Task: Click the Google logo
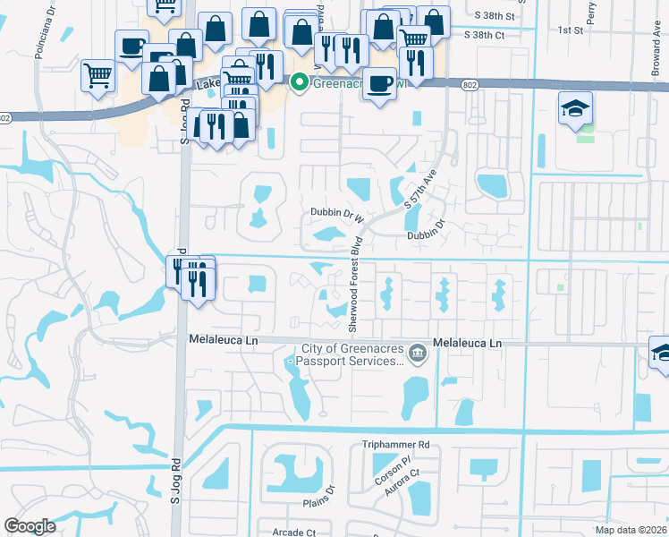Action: [x=30, y=526]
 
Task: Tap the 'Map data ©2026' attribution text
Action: [x=631, y=530]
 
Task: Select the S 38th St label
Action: [x=496, y=16]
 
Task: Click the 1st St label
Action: [x=570, y=30]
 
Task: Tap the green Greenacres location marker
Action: [x=299, y=84]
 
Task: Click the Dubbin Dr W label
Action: [x=338, y=215]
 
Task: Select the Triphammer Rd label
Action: [x=396, y=444]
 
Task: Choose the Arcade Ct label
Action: [x=294, y=532]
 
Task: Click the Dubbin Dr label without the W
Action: [x=425, y=235]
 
